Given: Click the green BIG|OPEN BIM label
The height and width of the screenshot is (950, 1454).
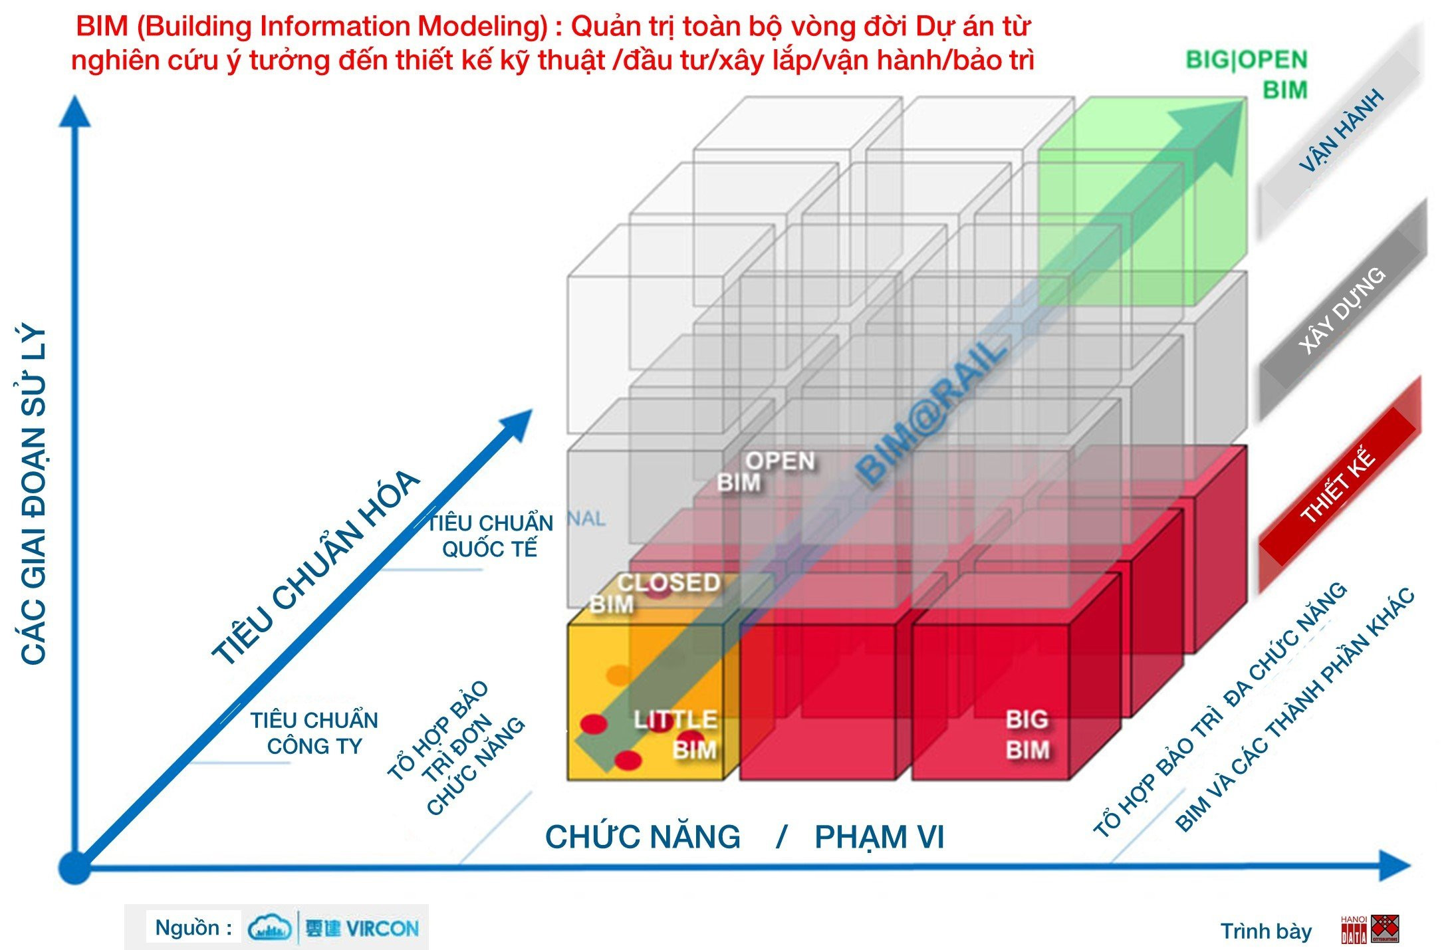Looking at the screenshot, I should tap(1247, 74).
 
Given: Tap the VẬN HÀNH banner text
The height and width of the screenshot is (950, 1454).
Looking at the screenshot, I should tap(1342, 130).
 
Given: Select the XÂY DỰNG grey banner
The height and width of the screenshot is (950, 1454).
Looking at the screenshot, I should tap(1342, 310).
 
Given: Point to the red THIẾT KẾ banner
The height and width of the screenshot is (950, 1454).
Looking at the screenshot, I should tap(1338, 484).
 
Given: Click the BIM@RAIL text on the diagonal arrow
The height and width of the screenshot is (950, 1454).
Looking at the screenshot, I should tap(931, 414).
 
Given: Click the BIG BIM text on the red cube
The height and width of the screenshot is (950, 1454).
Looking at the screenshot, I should tap(1027, 735).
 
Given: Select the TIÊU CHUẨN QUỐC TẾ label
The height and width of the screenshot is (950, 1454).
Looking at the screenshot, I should tap(490, 536).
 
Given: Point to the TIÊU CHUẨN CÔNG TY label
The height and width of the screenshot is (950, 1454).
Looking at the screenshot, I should tap(314, 733).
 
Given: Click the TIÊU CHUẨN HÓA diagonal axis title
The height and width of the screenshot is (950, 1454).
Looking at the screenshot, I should tap(316, 567).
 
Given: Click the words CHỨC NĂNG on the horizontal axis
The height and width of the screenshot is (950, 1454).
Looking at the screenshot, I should tap(642, 837).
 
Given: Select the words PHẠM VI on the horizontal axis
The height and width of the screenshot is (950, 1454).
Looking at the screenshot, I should tap(879, 837).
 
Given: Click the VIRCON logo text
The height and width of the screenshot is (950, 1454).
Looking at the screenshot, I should tap(362, 928).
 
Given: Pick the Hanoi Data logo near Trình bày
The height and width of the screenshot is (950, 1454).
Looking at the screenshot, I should tap(1370, 929).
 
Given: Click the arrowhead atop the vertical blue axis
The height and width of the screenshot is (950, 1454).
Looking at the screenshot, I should tap(74, 112).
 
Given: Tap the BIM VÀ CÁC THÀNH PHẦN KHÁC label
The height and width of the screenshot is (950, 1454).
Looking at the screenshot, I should tap(1295, 710).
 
